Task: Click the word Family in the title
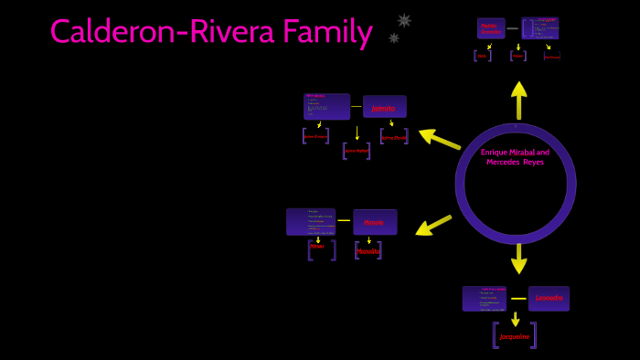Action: pyautogui.click(x=327, y=33)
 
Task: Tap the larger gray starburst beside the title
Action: pyautogui.click(x=404, y=20)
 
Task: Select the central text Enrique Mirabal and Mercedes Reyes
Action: pyautogui.click(x=516, y=157)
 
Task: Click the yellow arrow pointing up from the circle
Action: pyautogui.click(x=518, y=100)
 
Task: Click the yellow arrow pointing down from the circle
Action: pyautogui.click(x=518, y=259)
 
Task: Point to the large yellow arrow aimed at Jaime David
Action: pyautogui.click(x=439, y=139)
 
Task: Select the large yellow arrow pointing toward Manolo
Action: pyautogui.click(x=433, y=225)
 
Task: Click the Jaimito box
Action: pyautogui.click(x=384, y=107)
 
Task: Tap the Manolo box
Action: pyautogui.click(x=375, y=222)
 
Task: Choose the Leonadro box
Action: pyautogui.click(x=549, y=298)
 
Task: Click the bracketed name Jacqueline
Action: pyautogui.click(x=515, y=336)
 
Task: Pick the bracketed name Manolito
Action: pyautogui.click(x=368, y=250)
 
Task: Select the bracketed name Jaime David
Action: pyautogui.click(x=394, y=137)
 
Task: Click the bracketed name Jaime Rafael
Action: pyautogui.click(x=357, y=151)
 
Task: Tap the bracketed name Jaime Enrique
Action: pyautogui.click(x=315, y=137)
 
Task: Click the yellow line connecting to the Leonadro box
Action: pyautogui.click(x=518, y=298)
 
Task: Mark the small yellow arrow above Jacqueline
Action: pyautogui.click(x=515, y=319)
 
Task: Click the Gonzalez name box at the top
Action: pyautogui.click(x=491, y=28)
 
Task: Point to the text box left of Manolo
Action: pyautogui.click(x=311, y=222)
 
